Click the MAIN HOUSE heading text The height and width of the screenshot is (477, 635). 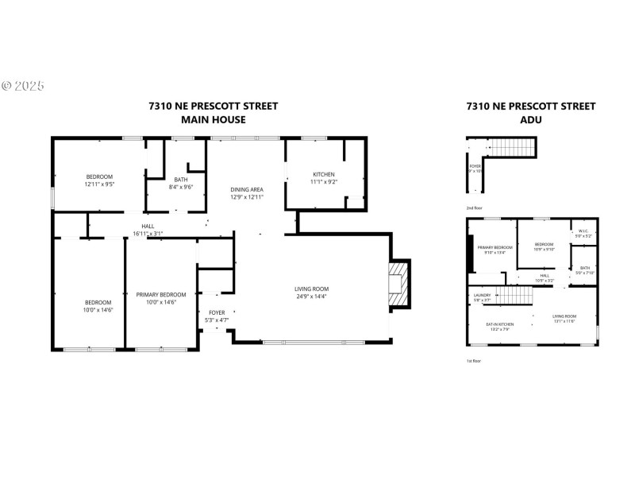click(213, 120)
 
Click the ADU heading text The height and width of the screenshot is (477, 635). click(530, 120)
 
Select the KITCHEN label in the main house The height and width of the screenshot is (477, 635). click(323, 174)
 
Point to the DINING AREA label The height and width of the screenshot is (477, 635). click(245, 189)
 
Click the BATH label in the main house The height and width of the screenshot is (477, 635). click(181, 180)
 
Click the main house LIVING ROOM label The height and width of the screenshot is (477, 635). click(311, 289)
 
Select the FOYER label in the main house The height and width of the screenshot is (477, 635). click(217, 312)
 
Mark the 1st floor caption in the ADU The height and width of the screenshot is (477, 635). click(473, 361)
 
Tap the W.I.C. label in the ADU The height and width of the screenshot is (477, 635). click(583, 231)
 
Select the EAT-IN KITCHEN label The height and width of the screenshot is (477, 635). click(499, 324)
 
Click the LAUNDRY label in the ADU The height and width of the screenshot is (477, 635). click(482, 296)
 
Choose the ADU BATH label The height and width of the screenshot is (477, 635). click(584, 268)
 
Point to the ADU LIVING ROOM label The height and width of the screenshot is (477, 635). click(564, 316)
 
